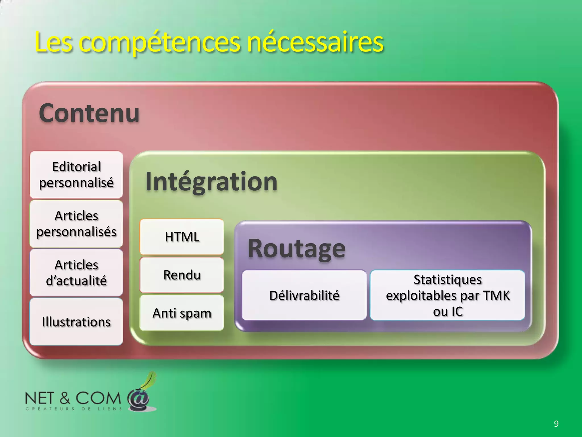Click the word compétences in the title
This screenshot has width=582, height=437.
click(x=159, y=43)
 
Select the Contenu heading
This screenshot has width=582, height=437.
click(x=89, y=113)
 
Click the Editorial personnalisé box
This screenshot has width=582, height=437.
click(x=76, y=174)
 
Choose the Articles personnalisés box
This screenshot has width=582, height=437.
click(x=76, y=224)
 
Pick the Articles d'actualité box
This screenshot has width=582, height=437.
click(x=76, y=273)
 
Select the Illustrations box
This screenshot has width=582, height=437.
click(x=76, y=322)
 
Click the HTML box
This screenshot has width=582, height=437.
click(x=182, y=237)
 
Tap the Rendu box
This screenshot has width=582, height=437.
click(x=182, y=275)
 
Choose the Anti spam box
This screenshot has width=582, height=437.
click(x=182, y=313)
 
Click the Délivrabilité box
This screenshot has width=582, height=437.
click(x=304, y=295)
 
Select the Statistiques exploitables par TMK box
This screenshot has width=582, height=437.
click(x=448, y=295)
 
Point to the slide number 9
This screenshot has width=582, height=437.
click(x=556, y=424)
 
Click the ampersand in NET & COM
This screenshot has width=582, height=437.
click(x=65, y=398)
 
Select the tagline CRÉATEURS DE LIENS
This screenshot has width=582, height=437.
click(x=74, y=409)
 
